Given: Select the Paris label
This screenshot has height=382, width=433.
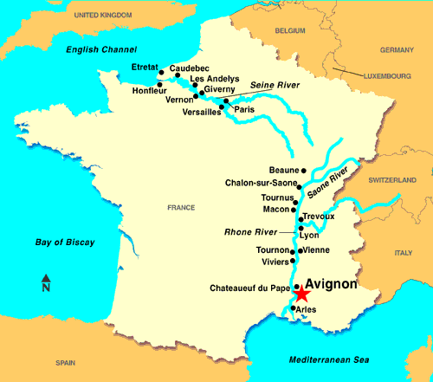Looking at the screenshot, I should point(243,110).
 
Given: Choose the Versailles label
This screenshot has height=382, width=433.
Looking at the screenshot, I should point(202,112).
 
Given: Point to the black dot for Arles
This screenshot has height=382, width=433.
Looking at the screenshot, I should point(294,308).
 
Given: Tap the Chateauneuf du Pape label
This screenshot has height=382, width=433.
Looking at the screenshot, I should point(250,288).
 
